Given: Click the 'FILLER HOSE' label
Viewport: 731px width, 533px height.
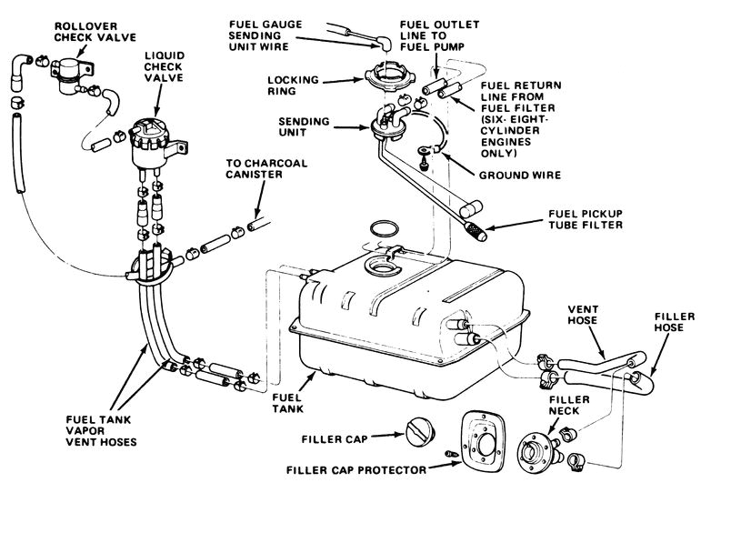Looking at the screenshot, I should pos(675,323).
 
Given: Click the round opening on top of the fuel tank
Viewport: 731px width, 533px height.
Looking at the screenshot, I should pos(378,267).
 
